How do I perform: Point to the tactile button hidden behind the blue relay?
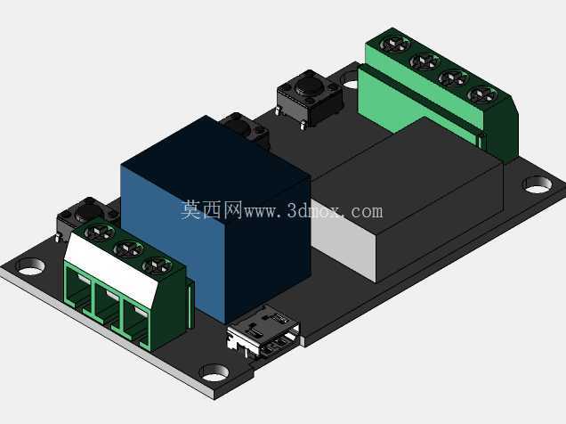click(246, 130)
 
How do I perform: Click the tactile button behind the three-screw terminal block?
click(83, 215)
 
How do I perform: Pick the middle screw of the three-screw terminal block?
click(129, 249)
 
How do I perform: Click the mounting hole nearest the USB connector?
click(214, 373)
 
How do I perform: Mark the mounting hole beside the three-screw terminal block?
click(30, 266)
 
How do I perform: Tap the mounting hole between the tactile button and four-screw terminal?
click(350, 78)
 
